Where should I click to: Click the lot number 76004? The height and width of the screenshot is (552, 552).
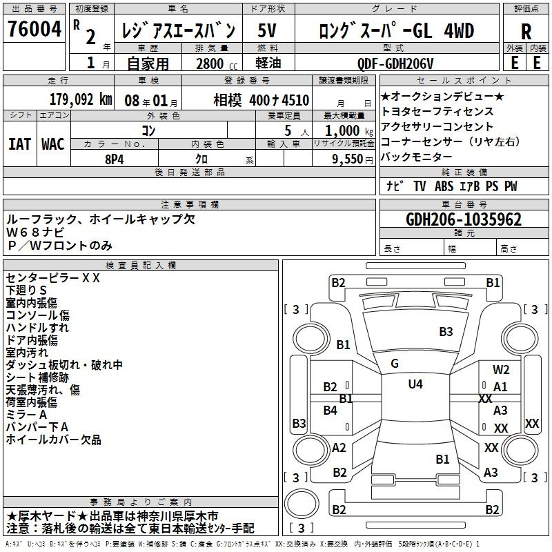coord(34,29)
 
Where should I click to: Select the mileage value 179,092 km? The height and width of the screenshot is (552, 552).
coord(81,99)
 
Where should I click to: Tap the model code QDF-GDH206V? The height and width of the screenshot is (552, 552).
coord(395,63)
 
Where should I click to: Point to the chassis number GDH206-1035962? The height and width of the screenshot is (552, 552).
coord(464,219)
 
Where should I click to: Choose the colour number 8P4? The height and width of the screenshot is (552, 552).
coord(115,159)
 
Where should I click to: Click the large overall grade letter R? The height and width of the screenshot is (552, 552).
coord(526,31)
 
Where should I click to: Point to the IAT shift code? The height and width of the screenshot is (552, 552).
coord(20,144)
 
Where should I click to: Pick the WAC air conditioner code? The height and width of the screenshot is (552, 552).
coord(53,144)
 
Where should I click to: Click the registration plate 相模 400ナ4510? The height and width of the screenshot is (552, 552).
coord(262,100)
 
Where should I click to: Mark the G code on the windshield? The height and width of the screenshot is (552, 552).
coord(395,364)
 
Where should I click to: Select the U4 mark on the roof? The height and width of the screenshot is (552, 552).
coord(415,384)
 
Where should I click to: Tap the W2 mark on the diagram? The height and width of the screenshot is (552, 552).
coord(501,370)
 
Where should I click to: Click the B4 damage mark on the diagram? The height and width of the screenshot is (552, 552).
coord(331,410)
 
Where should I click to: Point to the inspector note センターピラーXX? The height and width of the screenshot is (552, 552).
coord(53,278)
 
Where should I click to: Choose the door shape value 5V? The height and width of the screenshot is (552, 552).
coord(267,30)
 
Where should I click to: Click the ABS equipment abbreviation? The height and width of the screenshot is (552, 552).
coord(444,186)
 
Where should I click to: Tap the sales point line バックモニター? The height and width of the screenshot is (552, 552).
coord(417,157)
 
